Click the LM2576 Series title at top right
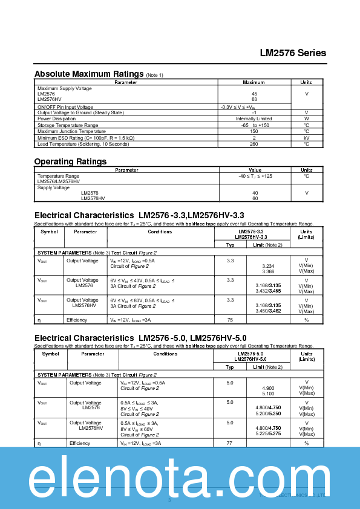(293, 53)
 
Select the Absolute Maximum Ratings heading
(88, 74)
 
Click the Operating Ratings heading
(70, 161)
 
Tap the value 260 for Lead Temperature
(254, 144)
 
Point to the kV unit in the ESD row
(306, 138)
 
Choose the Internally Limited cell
(254, 118)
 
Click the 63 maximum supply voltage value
(254, 100)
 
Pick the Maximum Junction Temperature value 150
(254, 131)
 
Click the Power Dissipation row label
(57, 118)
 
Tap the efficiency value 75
(230, 320)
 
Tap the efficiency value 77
(229, 443)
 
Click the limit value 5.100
(268, 394)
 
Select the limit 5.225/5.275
(268, 434)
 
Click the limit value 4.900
(268, 388)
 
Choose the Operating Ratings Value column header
(255, 170)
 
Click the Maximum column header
(254, 82)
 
